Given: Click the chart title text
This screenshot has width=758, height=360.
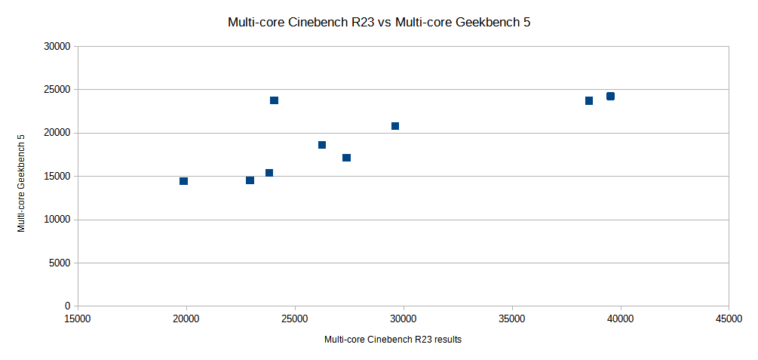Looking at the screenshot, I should click(x=379, y=23).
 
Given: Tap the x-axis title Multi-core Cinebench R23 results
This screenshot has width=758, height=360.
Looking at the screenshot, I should click(x=392, y=340).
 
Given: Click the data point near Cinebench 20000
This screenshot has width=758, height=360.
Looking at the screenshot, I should click(x=183, y=181).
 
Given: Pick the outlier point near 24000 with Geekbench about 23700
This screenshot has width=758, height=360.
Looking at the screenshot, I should click(x=274, y=100).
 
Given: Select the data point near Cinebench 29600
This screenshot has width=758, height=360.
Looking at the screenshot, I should click(x=395, y=126).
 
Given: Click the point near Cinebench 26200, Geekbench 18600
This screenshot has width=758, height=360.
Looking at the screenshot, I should click(x=322, y=145).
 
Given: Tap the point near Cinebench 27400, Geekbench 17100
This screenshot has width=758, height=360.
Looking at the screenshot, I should click(x=346, y=158).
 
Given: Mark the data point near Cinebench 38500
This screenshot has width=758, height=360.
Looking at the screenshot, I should click(x=589, y=100).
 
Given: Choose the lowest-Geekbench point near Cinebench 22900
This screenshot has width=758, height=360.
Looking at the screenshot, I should click(x=250, y=180).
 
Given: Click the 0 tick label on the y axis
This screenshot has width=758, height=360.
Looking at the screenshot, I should click(x=67, y=306).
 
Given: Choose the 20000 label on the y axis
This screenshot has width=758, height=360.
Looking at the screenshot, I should click(x=57, y=133).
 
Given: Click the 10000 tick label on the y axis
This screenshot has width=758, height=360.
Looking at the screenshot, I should click(x=57, y=220).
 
